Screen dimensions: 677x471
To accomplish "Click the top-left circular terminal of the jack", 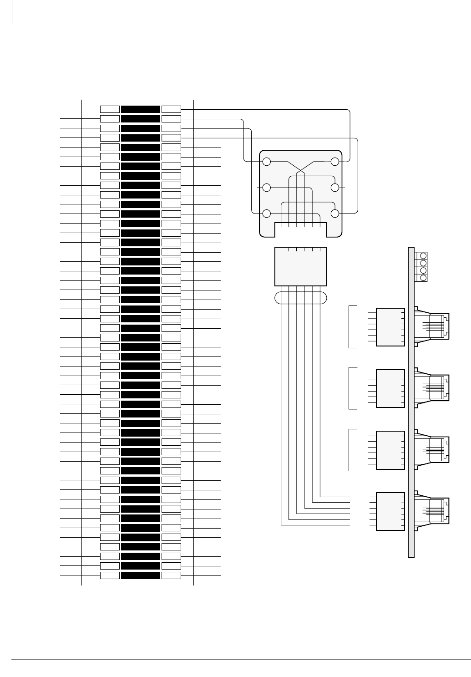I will [x=267, y=162].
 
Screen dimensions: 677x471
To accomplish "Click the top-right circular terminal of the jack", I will [x=335, y=162].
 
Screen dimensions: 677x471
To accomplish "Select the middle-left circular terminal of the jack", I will [x=267, y=188].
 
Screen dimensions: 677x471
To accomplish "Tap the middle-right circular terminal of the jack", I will [x=335, y=188].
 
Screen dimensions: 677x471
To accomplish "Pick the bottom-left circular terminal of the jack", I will [x=267, y=214].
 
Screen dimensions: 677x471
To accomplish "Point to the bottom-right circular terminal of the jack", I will [x=335, y=214].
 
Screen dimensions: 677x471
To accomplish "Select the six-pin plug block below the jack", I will [x=301, y=267].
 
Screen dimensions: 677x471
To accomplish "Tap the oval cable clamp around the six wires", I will [x=301, y=298].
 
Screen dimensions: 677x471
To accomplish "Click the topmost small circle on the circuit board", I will [x=423, y=256].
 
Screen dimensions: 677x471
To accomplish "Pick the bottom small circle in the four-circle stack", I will [x=423, y=278].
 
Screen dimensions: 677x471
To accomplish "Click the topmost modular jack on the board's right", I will [x=432, y=326].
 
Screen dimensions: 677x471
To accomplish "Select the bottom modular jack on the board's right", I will [x=432, y=511].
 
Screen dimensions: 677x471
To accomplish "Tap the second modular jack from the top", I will [x=432, y=388].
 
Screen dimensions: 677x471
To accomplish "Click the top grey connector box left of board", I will [x=390, y=327].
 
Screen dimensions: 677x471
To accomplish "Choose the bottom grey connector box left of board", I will [x=390, y=511].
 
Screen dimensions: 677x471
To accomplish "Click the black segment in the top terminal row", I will [x=141, y=109].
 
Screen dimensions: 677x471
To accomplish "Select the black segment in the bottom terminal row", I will [x=141, y=575].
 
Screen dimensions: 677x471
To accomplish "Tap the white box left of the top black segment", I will [x=110, y=109].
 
